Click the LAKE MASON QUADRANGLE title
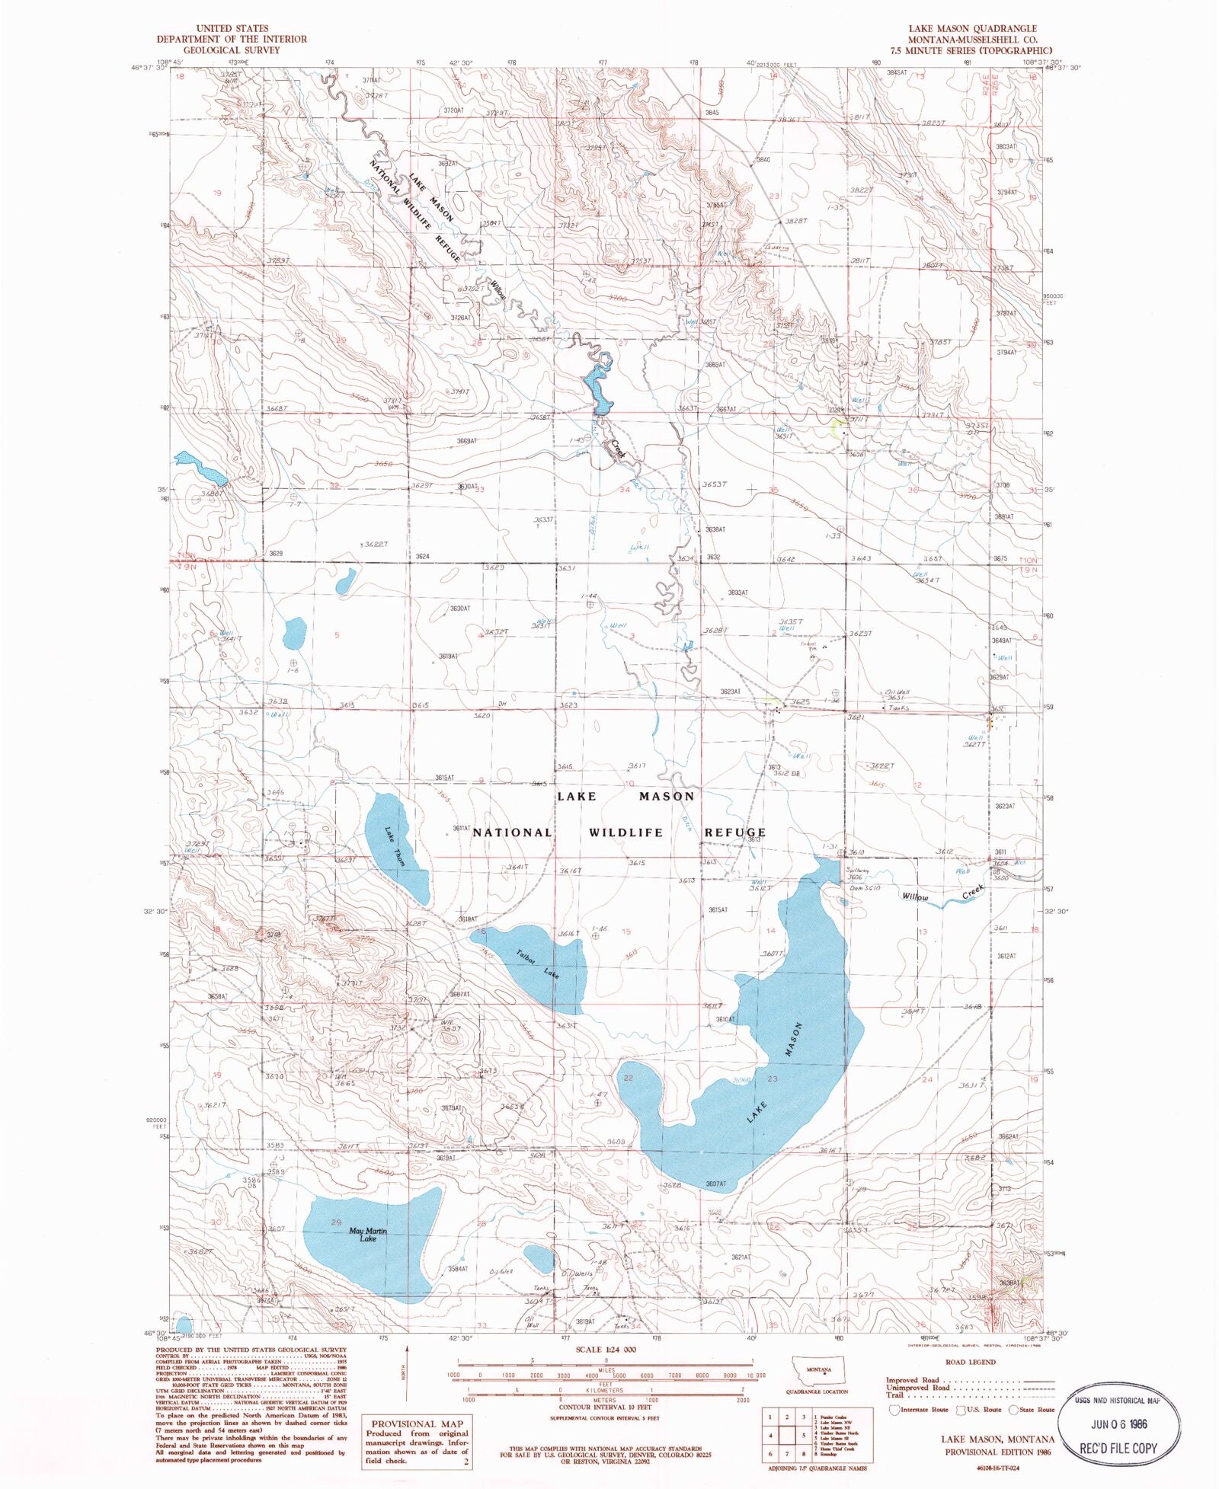971,29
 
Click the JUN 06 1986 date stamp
1121,1423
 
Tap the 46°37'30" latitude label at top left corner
148,67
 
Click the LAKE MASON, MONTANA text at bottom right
997,1439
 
